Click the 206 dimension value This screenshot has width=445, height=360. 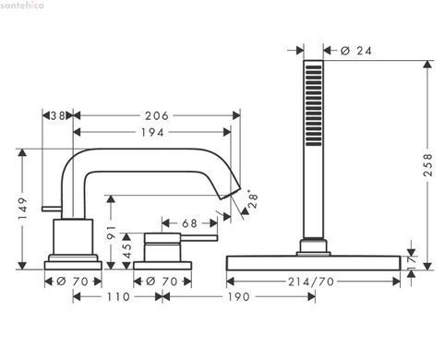coord(157,116)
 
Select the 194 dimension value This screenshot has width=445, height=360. coord(152,133)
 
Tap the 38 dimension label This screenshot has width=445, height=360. coord(57,116)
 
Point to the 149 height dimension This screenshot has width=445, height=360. coord(23,209)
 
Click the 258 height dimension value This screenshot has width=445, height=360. coord(427,165)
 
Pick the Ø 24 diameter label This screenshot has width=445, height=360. coord(356,51)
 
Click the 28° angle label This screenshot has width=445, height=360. coord(253,200)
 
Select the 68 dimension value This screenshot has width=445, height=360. coord(189,223)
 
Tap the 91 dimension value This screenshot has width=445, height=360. coord(111,233)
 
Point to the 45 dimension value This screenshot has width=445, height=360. coord(127,251)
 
